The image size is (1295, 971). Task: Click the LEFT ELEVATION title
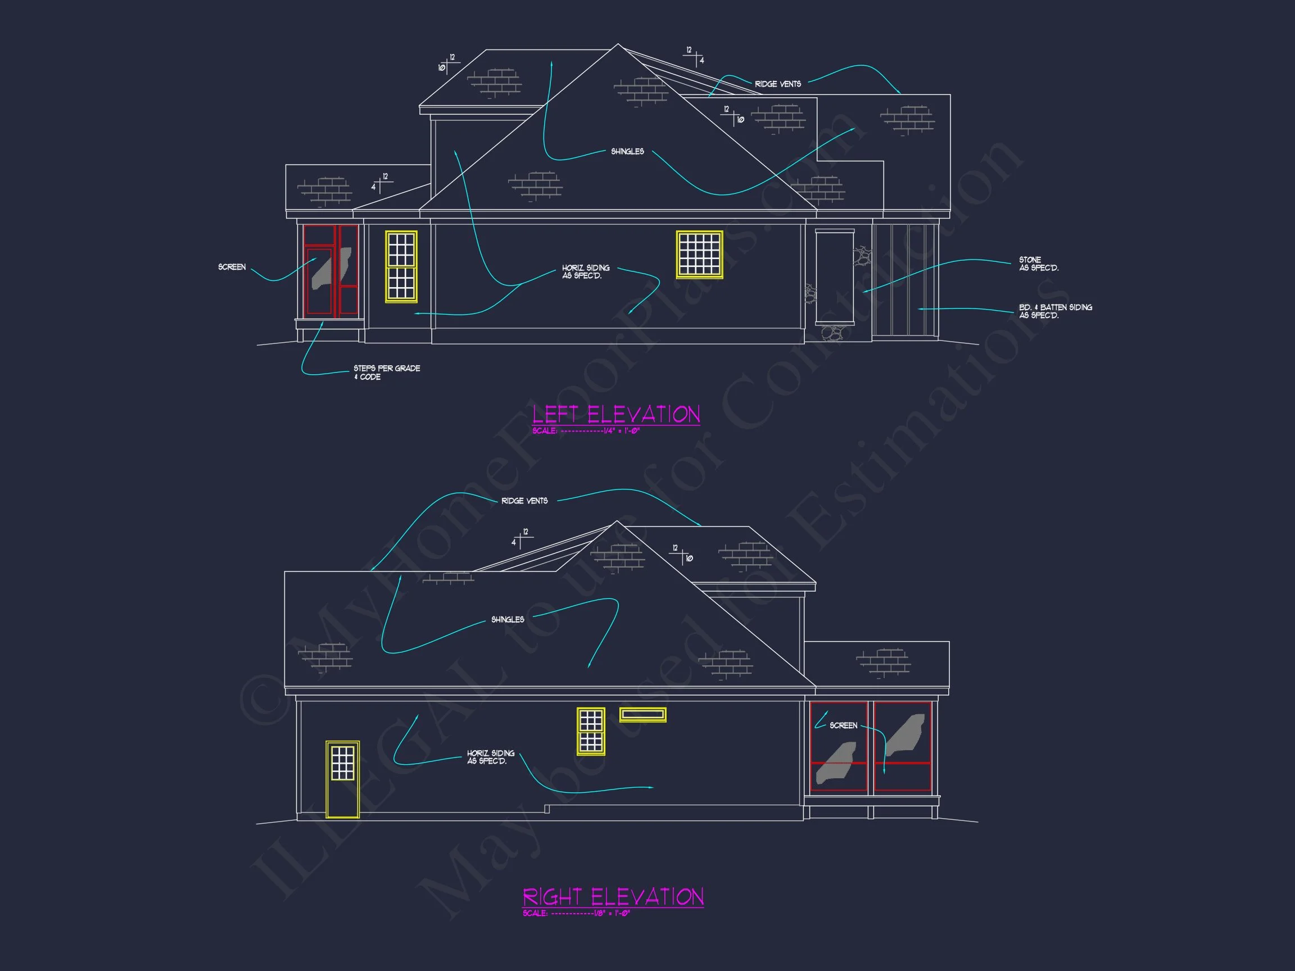[616, 414]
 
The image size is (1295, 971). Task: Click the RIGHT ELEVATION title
[613, 897]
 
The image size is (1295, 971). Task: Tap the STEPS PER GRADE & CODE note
[386, 372]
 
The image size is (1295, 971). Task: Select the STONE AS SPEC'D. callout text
[1039, 264]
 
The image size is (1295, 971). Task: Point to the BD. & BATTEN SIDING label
[1055, 311]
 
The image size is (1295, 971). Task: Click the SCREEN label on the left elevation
[232, 267]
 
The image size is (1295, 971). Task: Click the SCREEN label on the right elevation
[843, 725]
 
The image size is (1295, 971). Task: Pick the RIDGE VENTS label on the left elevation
[777, 84]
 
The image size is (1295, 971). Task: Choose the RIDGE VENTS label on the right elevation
[524, 501]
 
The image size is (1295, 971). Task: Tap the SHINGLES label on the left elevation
[627, 151]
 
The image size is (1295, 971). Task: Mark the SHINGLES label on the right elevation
[508, 619]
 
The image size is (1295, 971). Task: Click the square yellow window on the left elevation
[699, 254]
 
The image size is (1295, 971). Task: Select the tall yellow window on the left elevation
[401, 267]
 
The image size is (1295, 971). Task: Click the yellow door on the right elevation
[342, 778]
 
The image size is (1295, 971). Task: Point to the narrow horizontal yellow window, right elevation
[642, 714]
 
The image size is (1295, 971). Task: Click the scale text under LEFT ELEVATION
[586, 431]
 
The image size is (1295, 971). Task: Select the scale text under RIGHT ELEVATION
[576, 913]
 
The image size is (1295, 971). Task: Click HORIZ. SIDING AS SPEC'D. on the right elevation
[491, 757]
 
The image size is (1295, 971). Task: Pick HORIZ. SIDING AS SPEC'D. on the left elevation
[586, 271]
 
